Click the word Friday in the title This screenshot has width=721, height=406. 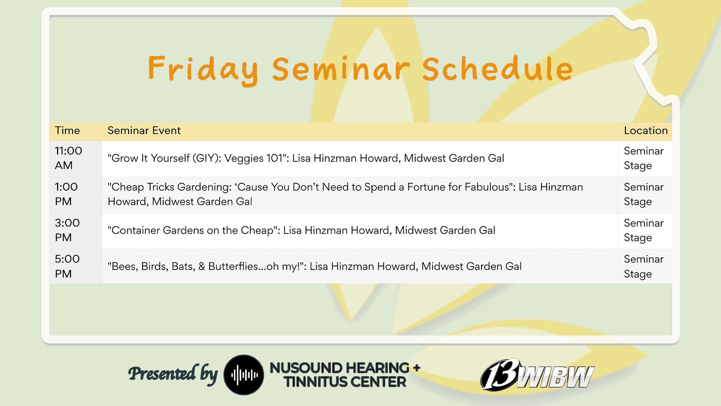pos(203,70)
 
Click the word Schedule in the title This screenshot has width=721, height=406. pos(497,69)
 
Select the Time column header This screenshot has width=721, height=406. pos(67,130)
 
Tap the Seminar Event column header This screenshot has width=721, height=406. pos(144,130)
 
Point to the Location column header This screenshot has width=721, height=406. pos(646,130)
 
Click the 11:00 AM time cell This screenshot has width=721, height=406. pos(68,158)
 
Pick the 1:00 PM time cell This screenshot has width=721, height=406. pos(66,194)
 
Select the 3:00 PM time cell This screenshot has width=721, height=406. pos(67,230)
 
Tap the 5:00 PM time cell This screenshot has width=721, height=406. pos(67,266)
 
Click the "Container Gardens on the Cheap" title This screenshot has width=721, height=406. pos(192,230)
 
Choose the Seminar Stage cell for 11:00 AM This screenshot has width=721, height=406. pos(644,158)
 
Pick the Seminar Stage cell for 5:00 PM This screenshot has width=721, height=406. pos(644,267)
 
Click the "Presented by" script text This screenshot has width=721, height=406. pos(173,374)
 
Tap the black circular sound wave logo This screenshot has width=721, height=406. pos(244,375)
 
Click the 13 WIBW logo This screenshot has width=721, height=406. pos(537,374)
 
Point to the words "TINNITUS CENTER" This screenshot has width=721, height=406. pos(345,382)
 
